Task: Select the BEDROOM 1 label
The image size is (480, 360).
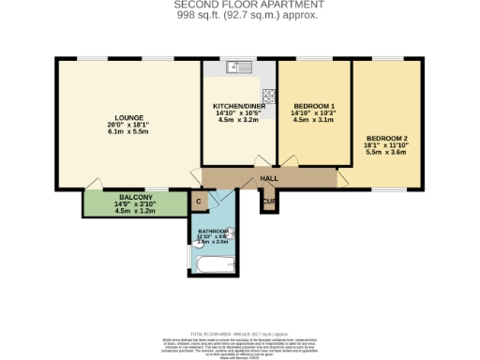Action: click(314, 105)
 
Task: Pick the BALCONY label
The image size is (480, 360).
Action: click(121, 196)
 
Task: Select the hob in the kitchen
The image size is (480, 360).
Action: click(268, 95)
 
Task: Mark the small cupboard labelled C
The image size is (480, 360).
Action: click(198, 200)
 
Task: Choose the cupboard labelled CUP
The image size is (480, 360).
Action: click(269, 202)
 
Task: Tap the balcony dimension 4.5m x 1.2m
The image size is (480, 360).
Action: click(121, 211)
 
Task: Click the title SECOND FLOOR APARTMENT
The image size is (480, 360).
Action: click(240, 5)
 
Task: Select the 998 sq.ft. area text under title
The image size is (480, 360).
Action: click(240, 15)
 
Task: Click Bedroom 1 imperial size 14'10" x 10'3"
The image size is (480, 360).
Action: click(314, 112)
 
